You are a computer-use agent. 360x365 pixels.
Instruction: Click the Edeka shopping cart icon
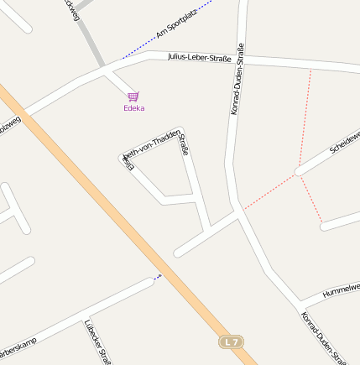point(133,96)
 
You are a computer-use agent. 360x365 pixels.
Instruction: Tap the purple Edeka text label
point(133,107)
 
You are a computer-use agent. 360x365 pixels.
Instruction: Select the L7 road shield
point(232,342)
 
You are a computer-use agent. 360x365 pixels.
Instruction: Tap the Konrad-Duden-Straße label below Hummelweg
point(323,337)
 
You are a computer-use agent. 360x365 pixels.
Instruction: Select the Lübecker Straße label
point(98,342)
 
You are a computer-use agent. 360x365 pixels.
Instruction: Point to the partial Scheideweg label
point(345,140)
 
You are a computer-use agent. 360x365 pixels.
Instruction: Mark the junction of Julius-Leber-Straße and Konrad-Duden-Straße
point(241,60)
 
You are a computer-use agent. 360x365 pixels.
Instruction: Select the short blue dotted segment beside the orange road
point(158,276)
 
